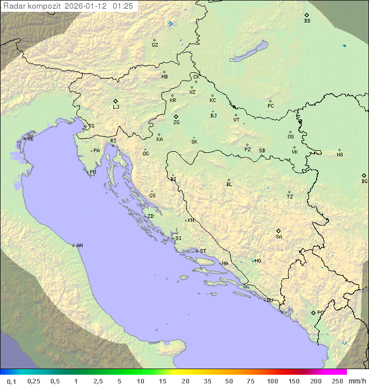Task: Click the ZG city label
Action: click(176, 123)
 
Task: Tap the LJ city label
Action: click(116, 107)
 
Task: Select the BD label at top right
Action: click(307, 21)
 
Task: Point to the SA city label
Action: click(279, 237)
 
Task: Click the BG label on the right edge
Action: click(364, 181)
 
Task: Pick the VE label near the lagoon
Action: click(30, 139)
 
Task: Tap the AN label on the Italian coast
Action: click(79, 246)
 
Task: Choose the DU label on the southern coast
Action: click(269, 300)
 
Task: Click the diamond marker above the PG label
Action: click(313, 312)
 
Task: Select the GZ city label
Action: click(155, 45)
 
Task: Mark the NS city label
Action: click(340, 155)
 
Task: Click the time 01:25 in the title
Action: click(124, 6)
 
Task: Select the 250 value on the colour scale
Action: click(337, 381)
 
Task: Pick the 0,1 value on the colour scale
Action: click(12, 381)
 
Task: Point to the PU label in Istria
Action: click(93, 172)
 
